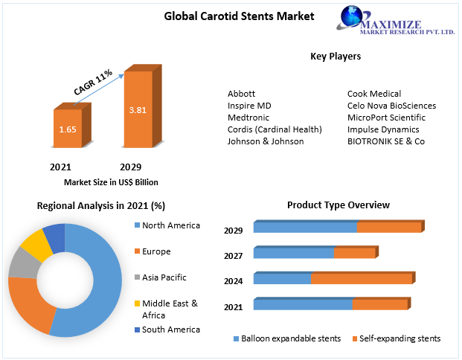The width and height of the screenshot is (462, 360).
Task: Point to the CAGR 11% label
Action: tap(93, 82)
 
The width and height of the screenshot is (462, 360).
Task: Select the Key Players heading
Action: tap(336, 56)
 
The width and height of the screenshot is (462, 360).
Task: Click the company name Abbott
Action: tap(241, 94)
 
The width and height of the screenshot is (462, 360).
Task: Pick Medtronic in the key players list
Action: tap(248, 118)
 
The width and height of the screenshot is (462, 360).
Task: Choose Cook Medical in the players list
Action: tap(374, 94)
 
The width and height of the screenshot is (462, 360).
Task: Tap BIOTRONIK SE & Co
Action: tap(386, 141)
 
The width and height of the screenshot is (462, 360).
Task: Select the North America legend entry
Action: tap(170, 225)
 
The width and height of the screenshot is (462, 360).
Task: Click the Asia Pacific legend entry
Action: tap(164, 277)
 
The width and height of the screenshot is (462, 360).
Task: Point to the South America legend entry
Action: tap(170, 330)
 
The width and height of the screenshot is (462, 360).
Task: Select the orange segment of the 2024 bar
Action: tap(361, 279)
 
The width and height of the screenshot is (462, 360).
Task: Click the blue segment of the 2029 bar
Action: tap(305, 228)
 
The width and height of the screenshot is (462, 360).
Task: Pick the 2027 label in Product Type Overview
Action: tap(234, 256)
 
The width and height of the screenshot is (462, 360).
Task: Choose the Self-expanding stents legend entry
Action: tap(400, 338)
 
